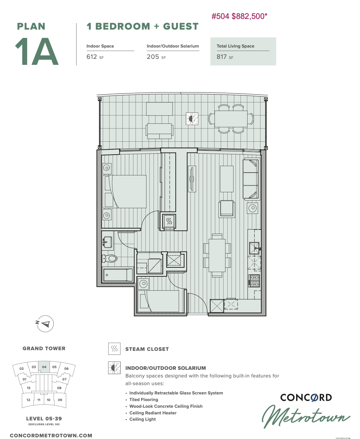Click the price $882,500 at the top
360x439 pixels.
[x=250, y=16]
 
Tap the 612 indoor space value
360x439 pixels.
[x=91, y=57]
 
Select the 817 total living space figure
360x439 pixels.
[x=222, y=57]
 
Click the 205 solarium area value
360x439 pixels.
[x=153, y=57]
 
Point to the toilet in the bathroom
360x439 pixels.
[x=109, y=258]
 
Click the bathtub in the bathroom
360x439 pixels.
[x=118, y=275]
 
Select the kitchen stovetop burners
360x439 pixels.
[x=254, y=281]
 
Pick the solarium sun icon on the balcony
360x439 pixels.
[x=192, y=119]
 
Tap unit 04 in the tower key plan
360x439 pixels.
[x=44, y=367]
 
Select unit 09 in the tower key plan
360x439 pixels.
[x=60, y=400]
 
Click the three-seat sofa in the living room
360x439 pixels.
[x=251, y=179]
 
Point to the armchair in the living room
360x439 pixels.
[x=227, y=209]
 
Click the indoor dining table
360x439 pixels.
[x=217, y=255]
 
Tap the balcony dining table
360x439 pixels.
[x=231, y=119]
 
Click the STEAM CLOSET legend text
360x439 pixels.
[x=147, y=349]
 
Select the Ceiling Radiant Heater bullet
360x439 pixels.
[x=153, y=413]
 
